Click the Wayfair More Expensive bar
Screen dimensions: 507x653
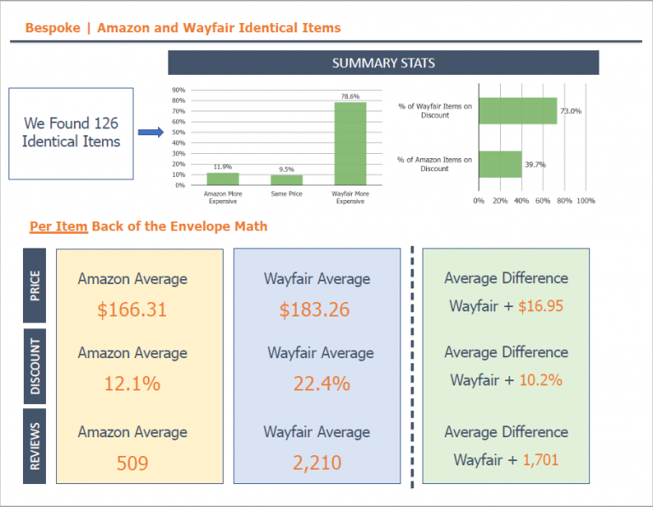[350, 143]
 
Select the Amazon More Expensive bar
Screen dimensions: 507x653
[223, 179]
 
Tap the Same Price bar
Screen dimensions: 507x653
[287, 179]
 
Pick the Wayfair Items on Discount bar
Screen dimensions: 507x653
[517, 111]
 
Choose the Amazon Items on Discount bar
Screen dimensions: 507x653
[500, 164]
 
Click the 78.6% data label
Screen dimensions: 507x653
[350, 96]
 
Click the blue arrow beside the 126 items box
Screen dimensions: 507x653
[150, 132]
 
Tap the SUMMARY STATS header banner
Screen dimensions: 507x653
[383, 63]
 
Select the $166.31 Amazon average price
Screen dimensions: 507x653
[132, 310]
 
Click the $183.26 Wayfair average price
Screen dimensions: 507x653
[315, 310]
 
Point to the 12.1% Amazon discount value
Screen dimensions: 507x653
[132, 384]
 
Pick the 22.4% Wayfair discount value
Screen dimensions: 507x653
[321, 384]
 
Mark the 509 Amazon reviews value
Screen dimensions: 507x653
[132, 463]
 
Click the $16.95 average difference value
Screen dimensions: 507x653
[540, 306]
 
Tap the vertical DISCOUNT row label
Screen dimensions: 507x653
[34, 366]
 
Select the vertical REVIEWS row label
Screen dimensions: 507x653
[34, 446]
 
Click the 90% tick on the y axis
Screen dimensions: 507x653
[179, 89]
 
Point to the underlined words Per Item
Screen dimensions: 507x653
[59, 225]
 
